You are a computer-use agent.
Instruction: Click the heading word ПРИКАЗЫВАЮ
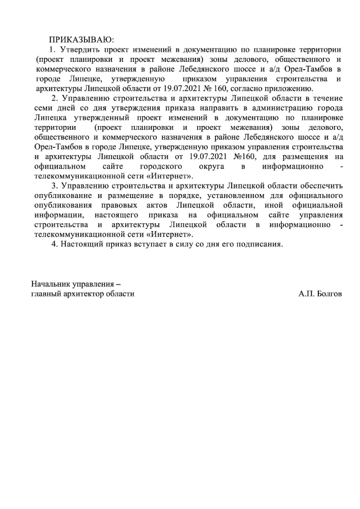pos(81,39)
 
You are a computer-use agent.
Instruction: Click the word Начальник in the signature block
pos(51,284)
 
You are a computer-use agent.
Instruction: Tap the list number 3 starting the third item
pos(53,186)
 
